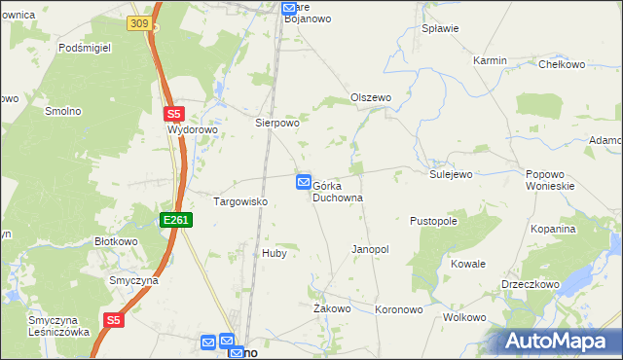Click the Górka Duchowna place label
[x=338, y=191]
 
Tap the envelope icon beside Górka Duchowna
[x=304, y=182]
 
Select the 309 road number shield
[x=139, y=23]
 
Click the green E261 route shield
[x=176, y=220]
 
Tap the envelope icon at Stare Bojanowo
[x=289, y=9]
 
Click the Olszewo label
[x=370, y=98]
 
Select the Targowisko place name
[x=240, y=201]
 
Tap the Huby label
[x=274, y=253]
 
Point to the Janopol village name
[x=370, y=250]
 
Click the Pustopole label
[x=434, y=221]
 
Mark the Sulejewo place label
[x=451, y=174]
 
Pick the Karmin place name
[x=490, y=60]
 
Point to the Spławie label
[x=440, y=28]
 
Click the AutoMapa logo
[x=558, y=342]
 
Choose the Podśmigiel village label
[x=86, y=47]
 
